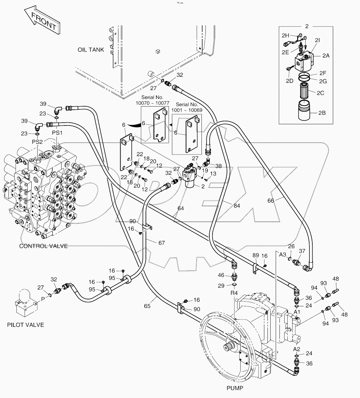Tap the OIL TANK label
point(91,50)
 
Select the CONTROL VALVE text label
point(43,246)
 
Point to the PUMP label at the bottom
point(235,388)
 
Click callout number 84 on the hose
point(237,206)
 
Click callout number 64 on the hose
point(180,208)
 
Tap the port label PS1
point(57,133)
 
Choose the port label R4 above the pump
point(234,293)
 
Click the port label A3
point(282,254)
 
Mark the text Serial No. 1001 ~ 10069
point(187,107)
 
